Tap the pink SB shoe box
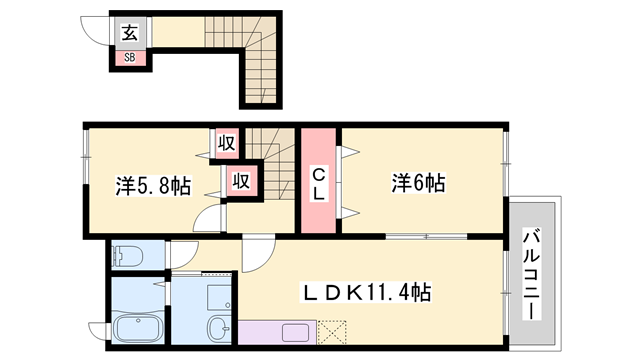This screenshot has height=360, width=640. point(129,56)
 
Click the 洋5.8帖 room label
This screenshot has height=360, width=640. point(153,185)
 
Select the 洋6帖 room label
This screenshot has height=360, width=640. point(418,183)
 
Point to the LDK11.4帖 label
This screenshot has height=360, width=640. point(368,292)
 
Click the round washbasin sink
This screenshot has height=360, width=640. point(217,327)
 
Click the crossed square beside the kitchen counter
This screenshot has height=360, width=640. point(330,331)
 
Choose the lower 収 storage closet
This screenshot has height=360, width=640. point(240,182)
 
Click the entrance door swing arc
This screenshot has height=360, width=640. point(98,30)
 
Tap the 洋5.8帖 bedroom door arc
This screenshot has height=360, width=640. point(207,220)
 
